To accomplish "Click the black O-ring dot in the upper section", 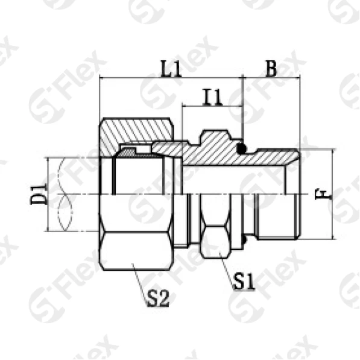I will [x=241, y=147].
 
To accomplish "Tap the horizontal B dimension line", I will [x=271, y=78].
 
